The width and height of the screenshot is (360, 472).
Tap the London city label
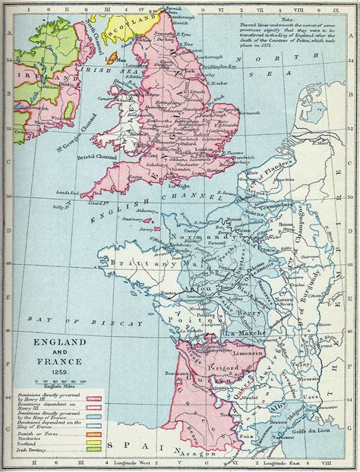click(204, 149)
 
